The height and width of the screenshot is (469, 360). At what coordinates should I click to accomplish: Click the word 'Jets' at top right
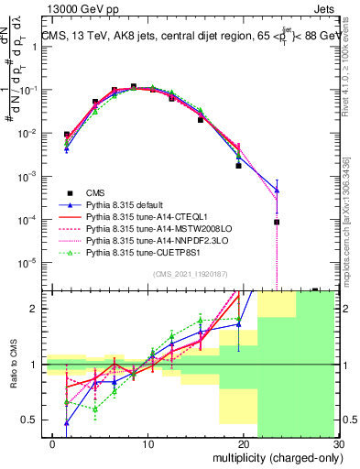[x=324, y=8]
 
